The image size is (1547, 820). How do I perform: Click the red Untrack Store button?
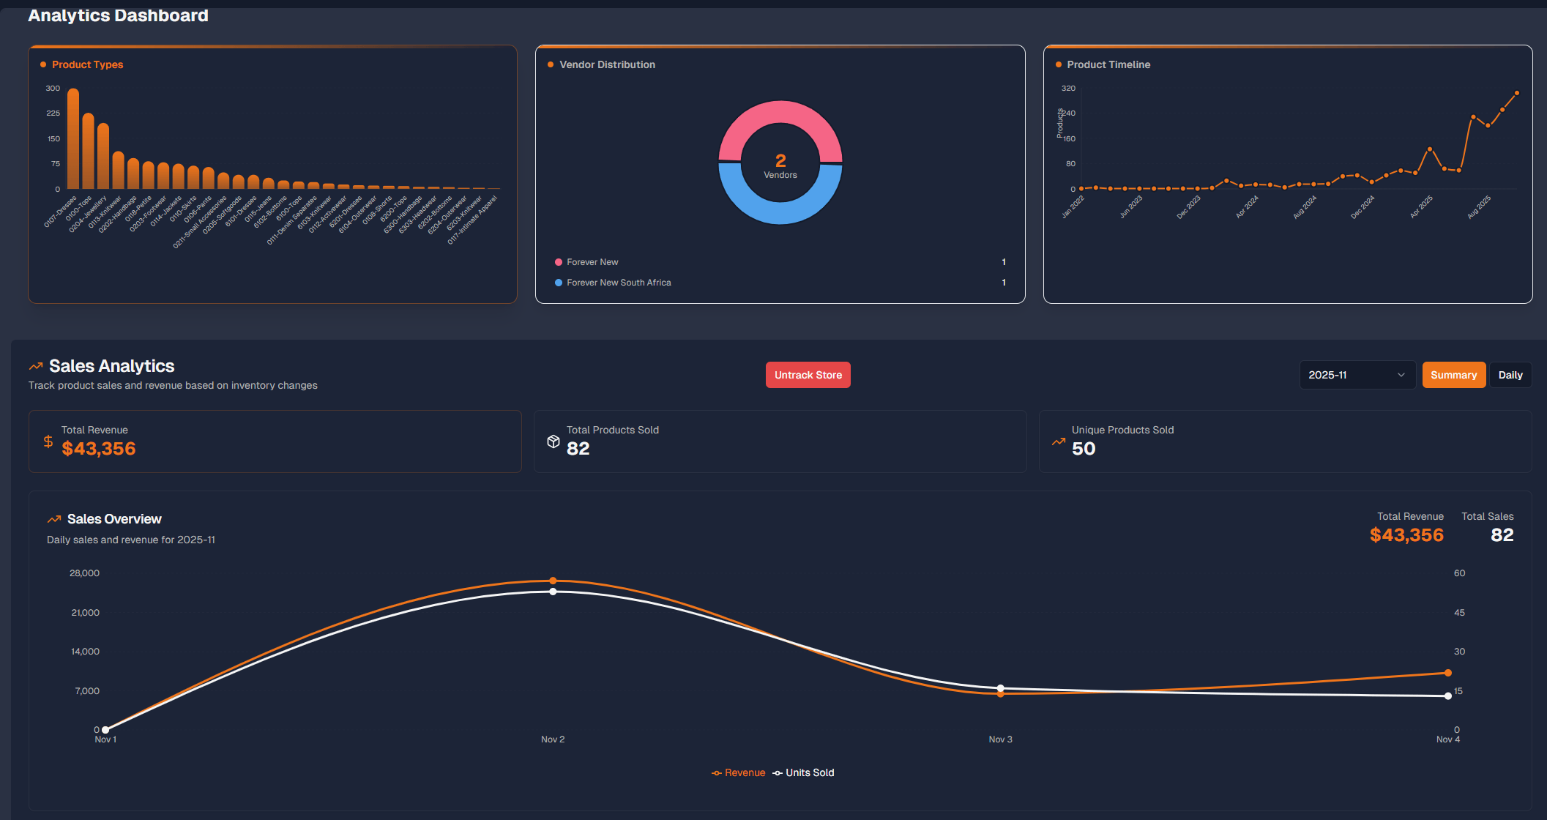tap(808, 375)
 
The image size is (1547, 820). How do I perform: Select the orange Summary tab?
tap(1453, 375)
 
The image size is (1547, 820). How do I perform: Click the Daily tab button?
tap(1510, 375)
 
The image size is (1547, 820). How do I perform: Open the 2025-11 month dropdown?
tap(1357, 375)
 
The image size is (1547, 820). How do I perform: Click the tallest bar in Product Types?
tap(73, 139)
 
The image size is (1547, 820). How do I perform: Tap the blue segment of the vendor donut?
tap(780, 212)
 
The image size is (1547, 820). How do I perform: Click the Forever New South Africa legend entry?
tap(619, 283)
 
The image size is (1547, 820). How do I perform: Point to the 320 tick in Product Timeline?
tap(1068, 88)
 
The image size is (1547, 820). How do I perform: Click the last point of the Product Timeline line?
tap(1516, 93)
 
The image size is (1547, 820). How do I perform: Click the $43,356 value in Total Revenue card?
tap(99, 449)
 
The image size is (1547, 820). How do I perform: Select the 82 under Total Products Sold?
tap(578, 449)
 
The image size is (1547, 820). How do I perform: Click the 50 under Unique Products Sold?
tap(1084, 449)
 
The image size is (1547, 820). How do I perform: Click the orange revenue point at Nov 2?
tap(553, 581)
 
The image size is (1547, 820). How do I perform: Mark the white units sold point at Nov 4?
tap(1447, 696)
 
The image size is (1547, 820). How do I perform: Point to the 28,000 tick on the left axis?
tap(84, 573)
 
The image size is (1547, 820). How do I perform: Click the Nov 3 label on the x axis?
tap(1000, 739)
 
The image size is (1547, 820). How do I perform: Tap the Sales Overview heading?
tap(114, 519)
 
